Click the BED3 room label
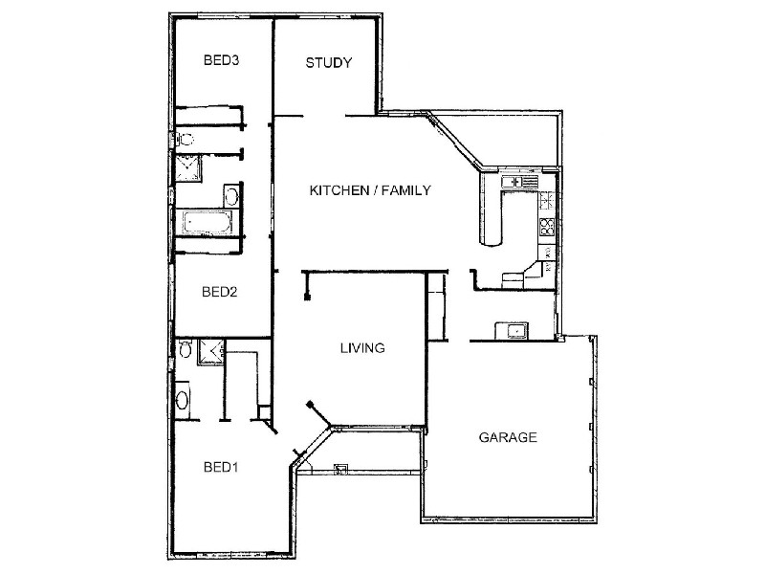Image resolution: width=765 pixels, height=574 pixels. click(222, 60)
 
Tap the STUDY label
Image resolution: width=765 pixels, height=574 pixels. click(328, 63)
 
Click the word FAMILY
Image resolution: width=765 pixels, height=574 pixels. click(405, 190)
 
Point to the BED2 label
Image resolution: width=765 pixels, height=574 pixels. click(220, 292)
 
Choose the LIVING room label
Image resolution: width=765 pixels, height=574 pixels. click(362, 348)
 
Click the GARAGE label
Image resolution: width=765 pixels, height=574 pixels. click(508, 437)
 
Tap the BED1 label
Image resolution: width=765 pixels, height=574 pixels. click(221, 467)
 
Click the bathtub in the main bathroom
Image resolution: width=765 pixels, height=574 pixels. click(208, 222)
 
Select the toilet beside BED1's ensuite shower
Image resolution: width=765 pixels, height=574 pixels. click(185, 348)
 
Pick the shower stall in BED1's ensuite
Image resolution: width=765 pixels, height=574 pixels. click(210, 352)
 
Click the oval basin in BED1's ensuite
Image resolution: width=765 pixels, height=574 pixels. click(182, 400)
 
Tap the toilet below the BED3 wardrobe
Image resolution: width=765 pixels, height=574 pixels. click(186, 139)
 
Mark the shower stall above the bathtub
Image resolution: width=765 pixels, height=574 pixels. click(187, 168)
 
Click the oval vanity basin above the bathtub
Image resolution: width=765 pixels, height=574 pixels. click(231, 198)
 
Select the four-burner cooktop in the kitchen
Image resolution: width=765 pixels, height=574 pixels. click(547, 227)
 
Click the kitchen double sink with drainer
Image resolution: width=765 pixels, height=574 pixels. click(519, 182)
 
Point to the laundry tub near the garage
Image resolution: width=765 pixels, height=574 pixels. click(512, 330)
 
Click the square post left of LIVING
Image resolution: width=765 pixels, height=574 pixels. click(307, 297)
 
